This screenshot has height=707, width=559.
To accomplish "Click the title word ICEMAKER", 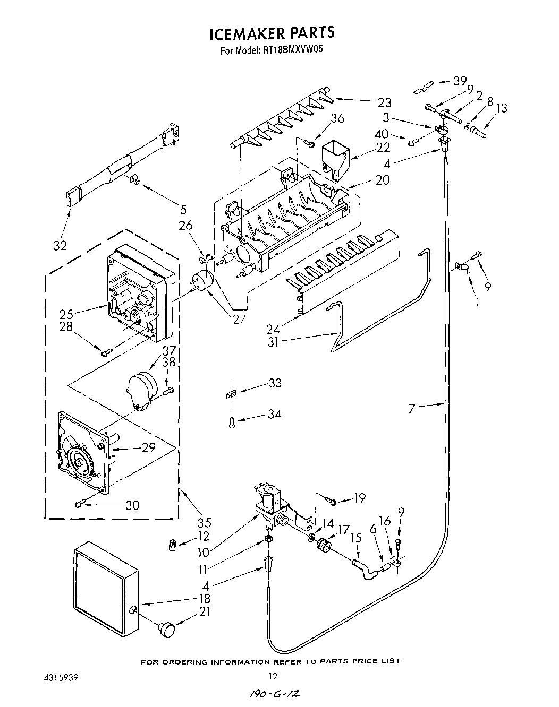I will pos(247,33).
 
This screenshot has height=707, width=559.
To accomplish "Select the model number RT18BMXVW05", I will pos(292,51).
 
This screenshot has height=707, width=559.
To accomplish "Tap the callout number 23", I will pos(384,102).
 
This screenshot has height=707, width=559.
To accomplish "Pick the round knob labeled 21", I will pos(166,630).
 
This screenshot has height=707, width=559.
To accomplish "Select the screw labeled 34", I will pos(231,422).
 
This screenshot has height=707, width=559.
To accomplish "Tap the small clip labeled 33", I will pos(230,394).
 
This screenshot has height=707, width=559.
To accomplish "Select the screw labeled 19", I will pos(331,501).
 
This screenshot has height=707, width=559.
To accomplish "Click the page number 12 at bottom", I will pos(273,676).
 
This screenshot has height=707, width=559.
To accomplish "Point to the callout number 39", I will pos(460,81).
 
